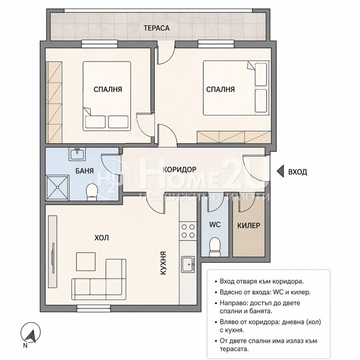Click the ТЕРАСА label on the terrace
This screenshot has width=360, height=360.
pyautogui.click(x=157, y=28)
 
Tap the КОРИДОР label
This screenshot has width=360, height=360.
pyautogui.click(x=180, y=170)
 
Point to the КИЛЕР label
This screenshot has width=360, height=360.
pyautogui.click(x=249, y=225)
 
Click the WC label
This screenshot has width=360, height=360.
pyautogui.click(x=215, y=224)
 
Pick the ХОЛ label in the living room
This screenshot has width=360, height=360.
pyautogui.click(x=102, y=238)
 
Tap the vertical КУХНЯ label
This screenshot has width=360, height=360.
pyautogui.click(x=163, y=263)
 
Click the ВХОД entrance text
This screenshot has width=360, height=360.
pyautogui.click(x=297, y=172)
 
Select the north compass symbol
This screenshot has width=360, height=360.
pyautogui.click(x=31, y=333)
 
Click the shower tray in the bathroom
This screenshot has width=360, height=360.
pyautogui.click(x=58, y=188)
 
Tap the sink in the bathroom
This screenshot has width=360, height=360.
pyautogui.click(x=77, y=153)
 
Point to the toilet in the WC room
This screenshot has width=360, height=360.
pyautogui.click(x=215, y=247)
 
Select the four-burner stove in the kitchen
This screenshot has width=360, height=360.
pyautogui.click(x=188, y=231)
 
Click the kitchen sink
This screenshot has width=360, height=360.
pyautogui.click(x=188, y=264)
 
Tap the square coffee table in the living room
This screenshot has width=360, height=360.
pyautogui.click(x=86, y=261)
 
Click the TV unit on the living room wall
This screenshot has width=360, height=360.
pyautogui.click(x=53, y=251)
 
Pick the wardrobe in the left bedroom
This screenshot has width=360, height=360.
pyautogui.click(x=54, y=102)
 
